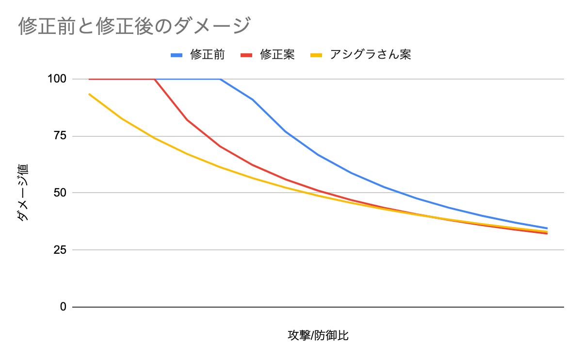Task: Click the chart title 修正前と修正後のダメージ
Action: click(134, 26)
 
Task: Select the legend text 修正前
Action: click(208, 54)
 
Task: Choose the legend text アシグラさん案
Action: click(371, 54)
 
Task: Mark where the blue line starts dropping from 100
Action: click(221, 79)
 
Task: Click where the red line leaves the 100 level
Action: click(155, 79)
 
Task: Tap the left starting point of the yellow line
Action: click(89, 94)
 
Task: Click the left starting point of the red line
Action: click(89, 79)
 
